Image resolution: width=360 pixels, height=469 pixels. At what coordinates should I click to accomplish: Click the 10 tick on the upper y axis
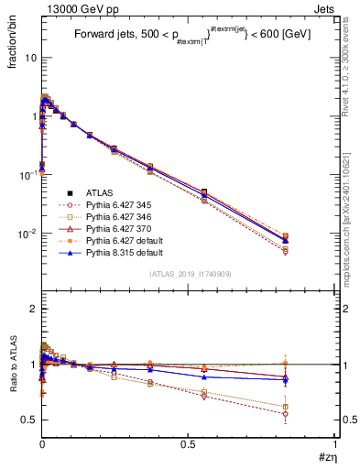pos(29,58)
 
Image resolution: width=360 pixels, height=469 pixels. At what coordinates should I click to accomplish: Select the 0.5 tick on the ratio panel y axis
pos(28,420)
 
